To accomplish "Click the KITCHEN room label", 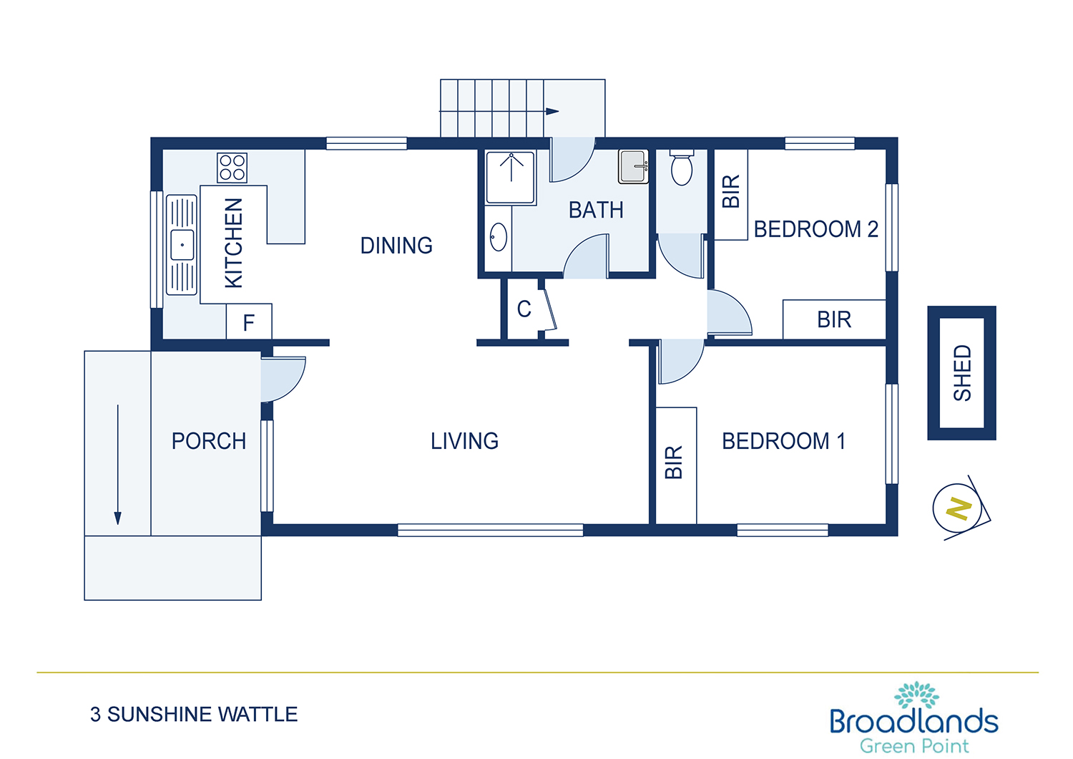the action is click(234, 243).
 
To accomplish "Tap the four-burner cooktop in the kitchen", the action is click(232, 168).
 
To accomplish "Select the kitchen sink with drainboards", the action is click(182, 245).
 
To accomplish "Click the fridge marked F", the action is click(249, 322).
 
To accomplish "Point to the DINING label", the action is click(396, 246).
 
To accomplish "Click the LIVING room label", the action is click(464, 441).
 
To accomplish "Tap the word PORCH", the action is click(209, 441).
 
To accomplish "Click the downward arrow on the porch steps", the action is click(117, 465).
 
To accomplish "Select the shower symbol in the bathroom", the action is click(510, 178).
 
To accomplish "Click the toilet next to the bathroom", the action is click(681, 168).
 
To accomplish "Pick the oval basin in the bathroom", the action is click(498, 237).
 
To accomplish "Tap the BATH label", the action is click(596, 210).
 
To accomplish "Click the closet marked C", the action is click(524, 309).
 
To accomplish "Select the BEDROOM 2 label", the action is click(815, 229).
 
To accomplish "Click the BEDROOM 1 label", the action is click(783, 441).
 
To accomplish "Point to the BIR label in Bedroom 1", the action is click(674, 463).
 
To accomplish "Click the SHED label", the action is click(962, 373).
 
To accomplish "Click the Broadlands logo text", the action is click(914, 721).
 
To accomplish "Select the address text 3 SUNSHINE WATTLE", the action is click(194, 715).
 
